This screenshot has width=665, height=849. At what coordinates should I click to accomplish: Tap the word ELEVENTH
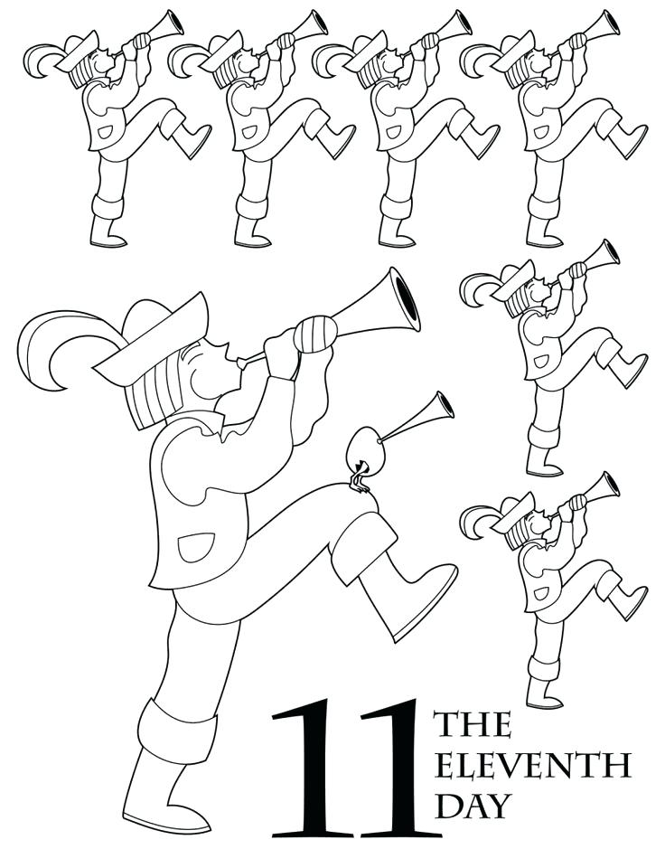[531, 765]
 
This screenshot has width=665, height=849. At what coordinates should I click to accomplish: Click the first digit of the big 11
[311, 768]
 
